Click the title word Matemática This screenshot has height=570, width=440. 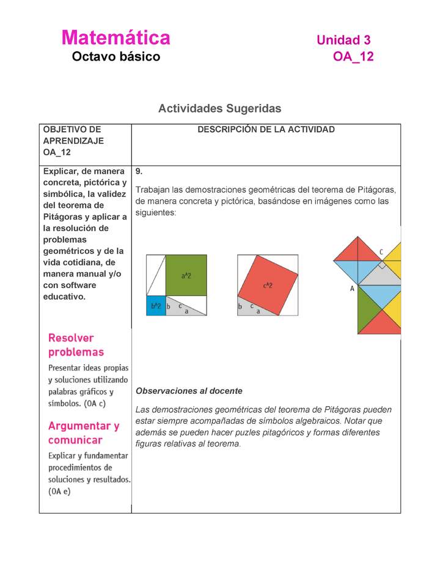coord(116,38)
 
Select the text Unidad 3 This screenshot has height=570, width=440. coord(343,40)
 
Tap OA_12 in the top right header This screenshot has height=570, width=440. coord(353,57)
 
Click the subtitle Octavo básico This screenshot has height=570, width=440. coord(116,57)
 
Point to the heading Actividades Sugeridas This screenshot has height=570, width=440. coord(219,108)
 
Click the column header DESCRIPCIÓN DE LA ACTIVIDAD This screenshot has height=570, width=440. coord(266,130)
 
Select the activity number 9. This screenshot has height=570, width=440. coord(139,171)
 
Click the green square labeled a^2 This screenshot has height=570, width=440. coord(186,275)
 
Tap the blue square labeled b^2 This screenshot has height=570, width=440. coord(156,305)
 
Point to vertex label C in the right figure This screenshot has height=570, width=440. coord(381,251)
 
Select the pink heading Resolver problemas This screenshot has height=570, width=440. coord(76,345)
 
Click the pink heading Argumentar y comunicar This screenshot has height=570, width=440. coord(84,432)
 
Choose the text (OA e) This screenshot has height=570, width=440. coord(59,490)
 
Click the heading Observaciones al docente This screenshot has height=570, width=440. coord(189,391)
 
